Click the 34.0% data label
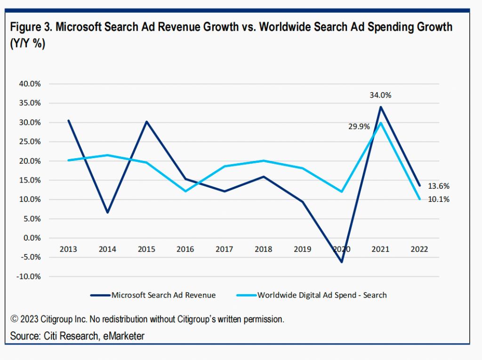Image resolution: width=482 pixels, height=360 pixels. pos(380,95)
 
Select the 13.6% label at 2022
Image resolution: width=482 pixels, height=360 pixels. pos(439,186)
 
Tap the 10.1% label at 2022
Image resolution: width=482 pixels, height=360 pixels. pos(439,200)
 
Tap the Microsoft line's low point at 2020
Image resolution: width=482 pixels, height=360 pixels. pos(341,262)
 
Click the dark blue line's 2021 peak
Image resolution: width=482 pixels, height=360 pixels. pos(380,107)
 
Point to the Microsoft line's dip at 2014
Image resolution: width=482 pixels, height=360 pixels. pos(108,213)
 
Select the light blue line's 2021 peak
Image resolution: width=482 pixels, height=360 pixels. pos(380,123)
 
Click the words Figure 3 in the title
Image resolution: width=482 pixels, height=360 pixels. pos(30,27)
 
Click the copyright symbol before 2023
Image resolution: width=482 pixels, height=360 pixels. pos(14,320)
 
